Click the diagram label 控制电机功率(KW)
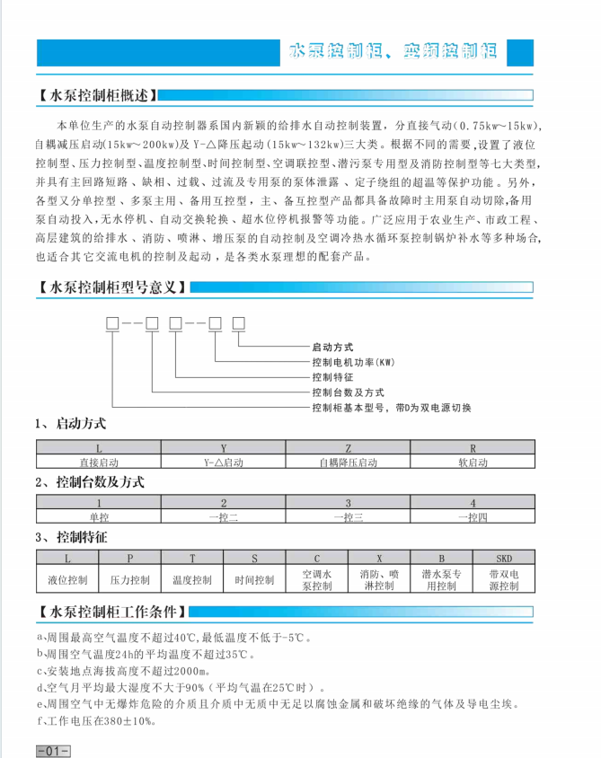pyautogui.click(x=353, y=362)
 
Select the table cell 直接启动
pyautogui.click(x=99, y=462)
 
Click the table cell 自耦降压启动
pyautogui.click(x=348, y=462)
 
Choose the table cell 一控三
pyautogui.click(x=348, y=517)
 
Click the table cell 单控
pyautogui.click(x=99, y=517)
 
